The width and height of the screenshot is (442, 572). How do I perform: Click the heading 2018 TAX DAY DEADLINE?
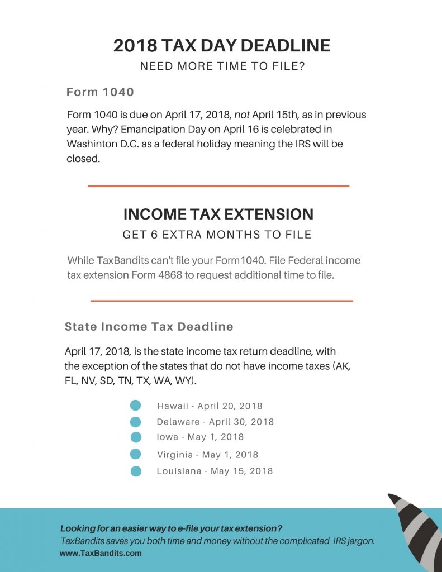(x=221, y=45)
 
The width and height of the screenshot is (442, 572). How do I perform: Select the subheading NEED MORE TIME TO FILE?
(x=221, y=66)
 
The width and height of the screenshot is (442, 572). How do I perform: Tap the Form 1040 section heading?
(x=100, y=92)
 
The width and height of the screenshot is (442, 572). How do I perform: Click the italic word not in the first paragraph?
(x=242, y=115)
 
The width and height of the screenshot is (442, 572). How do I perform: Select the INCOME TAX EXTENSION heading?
(x=218, y=214)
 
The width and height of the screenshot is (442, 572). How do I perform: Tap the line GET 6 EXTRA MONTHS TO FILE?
(x=217, y=235)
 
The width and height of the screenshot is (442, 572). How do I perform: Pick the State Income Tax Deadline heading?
(x=149, y=327)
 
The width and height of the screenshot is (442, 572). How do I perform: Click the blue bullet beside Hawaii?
(x=135, y=406)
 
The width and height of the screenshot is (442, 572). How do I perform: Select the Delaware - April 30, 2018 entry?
(x=215, y=422)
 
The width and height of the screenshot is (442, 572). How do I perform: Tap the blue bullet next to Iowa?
(x=135, y=437)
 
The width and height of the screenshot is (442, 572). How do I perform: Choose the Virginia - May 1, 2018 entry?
(x=207, y=455)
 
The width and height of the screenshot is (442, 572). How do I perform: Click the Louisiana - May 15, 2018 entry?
(x=215, y=471)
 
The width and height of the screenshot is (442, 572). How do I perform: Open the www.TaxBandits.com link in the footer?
(x=101, y=554)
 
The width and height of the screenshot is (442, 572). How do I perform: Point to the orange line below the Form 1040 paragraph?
(x=218, y=186)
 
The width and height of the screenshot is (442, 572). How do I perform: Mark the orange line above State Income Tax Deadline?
(x=221, y=301)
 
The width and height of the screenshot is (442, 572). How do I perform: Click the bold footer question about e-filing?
(x=171, y=528)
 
